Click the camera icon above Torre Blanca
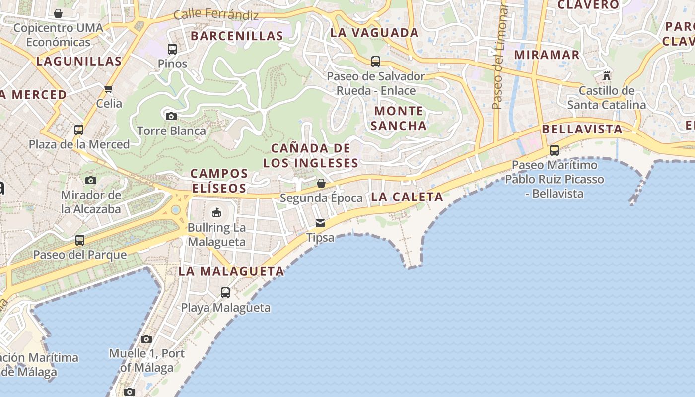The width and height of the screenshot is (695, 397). pyautogui.click(x=171, y=117)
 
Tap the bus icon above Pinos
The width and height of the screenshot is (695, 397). pyautogui.click(x=172, y=49)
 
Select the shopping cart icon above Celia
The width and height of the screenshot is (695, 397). pyautogui.click(x=109, y=89)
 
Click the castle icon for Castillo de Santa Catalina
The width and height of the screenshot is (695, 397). pyautogui.click(x=606, y=76)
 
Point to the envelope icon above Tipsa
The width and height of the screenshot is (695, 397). pyautogui.click(x=320, y=223)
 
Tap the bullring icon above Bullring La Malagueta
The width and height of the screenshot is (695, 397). pyautogui.click(x=216, y=213)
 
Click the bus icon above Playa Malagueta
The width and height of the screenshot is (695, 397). pyautogui.click(x=225, y=293)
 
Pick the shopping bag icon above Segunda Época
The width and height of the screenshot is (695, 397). pyautogui.click(x=321, y=183)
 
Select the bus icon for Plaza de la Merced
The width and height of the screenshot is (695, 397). pyautogui.click(x=79, y=130)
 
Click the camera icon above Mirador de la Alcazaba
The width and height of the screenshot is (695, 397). pyautogui.click(x=90, y=180)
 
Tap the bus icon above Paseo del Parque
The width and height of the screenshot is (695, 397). pyautogui.click(x=80, y=240)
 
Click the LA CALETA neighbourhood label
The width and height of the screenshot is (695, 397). pyautogui.click(x=407, y=197)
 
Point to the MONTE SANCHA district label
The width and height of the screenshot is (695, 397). pyautogui.click(x=399, y=118)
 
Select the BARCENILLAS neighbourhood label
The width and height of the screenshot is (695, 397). pyautogui.click(x=237, y=36)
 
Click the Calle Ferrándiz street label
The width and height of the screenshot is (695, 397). pyautogui.click(x=216, y=14)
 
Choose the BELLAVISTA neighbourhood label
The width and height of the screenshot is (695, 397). pyautogui.click(x=582, y=130)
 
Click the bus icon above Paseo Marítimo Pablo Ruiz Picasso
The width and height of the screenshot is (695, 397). pyautogui.click(x=555, y=150)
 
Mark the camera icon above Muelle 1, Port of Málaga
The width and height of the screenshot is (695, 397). pyautogui.click(x=146, y=339)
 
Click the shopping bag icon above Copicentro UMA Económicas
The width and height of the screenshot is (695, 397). pyautogui.click(x=58, y=13)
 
